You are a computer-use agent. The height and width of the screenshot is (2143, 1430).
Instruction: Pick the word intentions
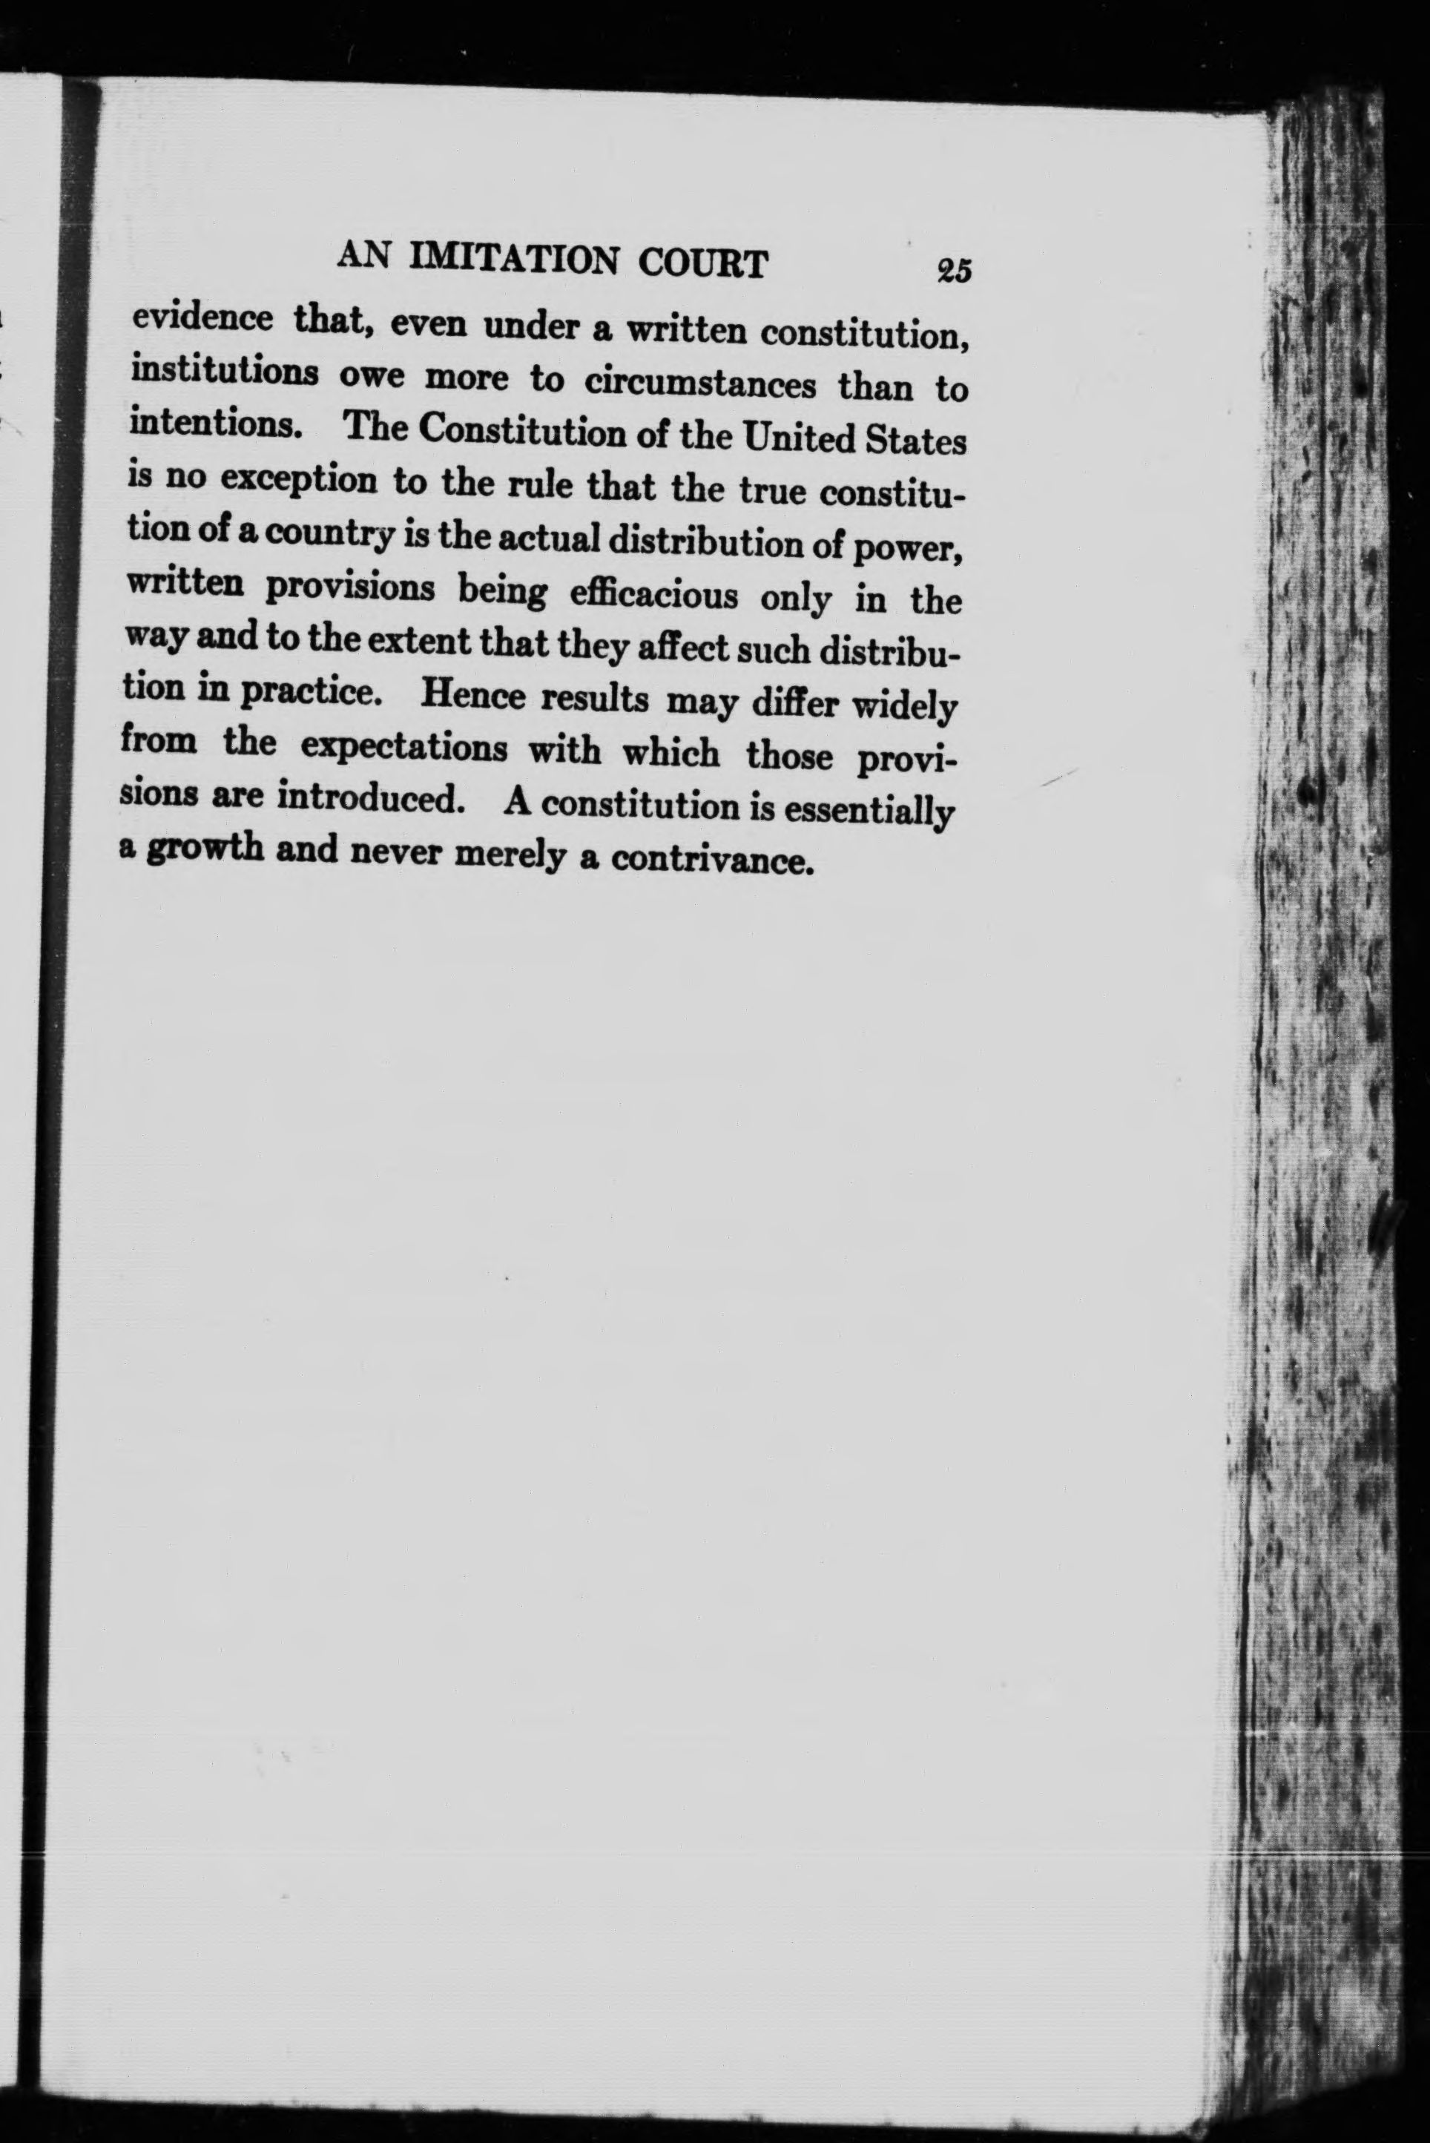coord(215,424)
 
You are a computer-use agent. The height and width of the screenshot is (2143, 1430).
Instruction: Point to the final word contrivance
coord(711,860)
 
